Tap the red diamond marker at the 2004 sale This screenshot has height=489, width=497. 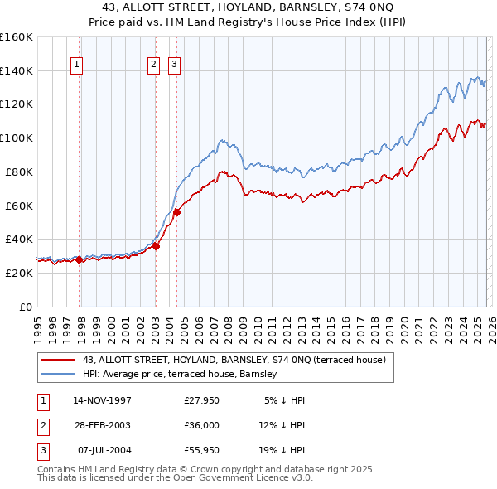(176, 212)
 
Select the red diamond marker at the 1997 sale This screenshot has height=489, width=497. (80, 259)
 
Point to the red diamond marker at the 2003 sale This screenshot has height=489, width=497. (156, 245)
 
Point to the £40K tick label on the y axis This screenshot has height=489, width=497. (19, 239)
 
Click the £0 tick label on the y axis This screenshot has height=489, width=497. (26, 307)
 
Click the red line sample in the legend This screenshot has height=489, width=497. (59, 361)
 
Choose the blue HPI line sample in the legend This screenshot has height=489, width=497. (59, 375)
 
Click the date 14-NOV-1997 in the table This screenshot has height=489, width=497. (102, 400)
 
